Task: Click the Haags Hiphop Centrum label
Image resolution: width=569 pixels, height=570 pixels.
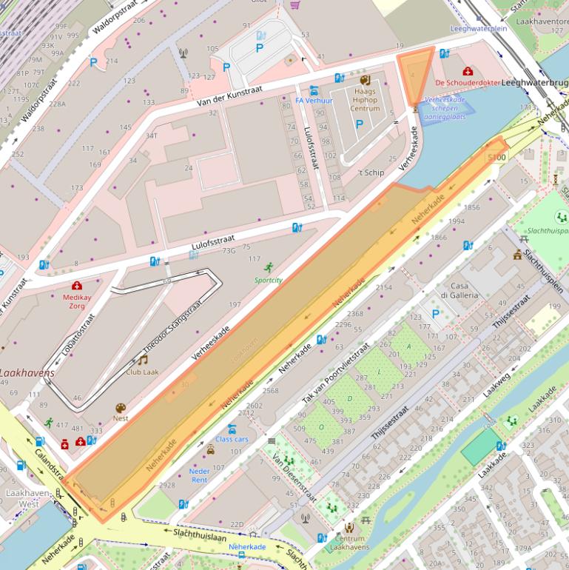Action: pos(364,100)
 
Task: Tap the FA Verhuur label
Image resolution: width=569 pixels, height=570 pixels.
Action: pos(314,101)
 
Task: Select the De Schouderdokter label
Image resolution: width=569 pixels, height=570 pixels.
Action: pos(468,83)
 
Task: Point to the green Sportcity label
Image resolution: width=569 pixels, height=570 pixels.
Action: pos(269,280)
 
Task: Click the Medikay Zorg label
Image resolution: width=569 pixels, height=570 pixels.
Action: pos(77,301)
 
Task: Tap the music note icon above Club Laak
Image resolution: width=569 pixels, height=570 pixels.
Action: pos(142,360)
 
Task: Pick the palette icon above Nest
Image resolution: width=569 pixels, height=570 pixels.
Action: pos(121,407)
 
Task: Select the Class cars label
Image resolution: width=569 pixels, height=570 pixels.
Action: pos(232,439)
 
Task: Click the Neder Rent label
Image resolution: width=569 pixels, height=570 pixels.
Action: pos(200,475)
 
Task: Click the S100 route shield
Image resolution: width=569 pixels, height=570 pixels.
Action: pos(496,158)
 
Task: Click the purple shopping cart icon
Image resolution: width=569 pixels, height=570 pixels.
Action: pos(295,4)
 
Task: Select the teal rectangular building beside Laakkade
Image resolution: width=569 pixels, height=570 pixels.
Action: pos(482,447)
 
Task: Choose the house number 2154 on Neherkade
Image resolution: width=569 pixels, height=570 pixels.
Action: pos(384,287)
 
